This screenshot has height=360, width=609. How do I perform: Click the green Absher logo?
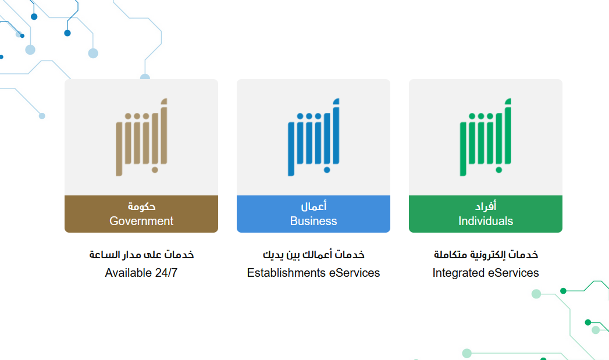486,137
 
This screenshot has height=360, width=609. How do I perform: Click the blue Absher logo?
314,137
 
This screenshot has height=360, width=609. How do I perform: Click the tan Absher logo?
141,137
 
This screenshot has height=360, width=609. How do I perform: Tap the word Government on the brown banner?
141,221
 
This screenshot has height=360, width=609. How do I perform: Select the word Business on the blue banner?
314,221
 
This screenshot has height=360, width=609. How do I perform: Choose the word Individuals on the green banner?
486,221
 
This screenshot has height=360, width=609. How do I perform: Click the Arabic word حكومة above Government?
141,206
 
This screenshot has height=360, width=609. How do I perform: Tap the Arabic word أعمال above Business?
314,206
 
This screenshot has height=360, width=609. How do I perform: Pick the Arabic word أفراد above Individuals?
486,206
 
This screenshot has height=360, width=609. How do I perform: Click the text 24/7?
166,273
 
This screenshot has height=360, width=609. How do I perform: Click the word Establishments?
286,273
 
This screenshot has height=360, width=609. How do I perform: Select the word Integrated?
458,273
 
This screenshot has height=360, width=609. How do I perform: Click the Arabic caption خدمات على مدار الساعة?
141,255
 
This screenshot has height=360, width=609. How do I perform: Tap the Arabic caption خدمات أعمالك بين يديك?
314,255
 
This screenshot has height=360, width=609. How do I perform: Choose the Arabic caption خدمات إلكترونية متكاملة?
486,255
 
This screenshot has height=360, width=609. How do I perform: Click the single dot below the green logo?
499,170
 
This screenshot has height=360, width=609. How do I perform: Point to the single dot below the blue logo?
327,170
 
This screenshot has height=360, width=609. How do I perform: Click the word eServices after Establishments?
355,273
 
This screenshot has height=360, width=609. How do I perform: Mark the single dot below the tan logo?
155,170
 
